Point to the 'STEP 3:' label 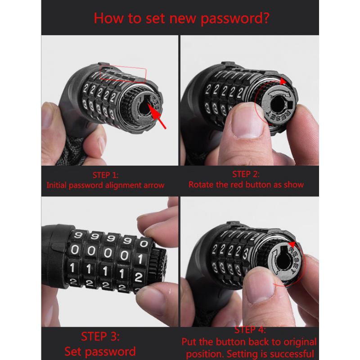pyautogui.click(x=100, y=337)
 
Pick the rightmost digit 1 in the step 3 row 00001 pyautogui.click(x=139, y=259)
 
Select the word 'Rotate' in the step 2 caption pyautogui.click(x=201, y=184)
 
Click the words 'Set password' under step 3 pyautogui.click(x=100, y=351)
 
